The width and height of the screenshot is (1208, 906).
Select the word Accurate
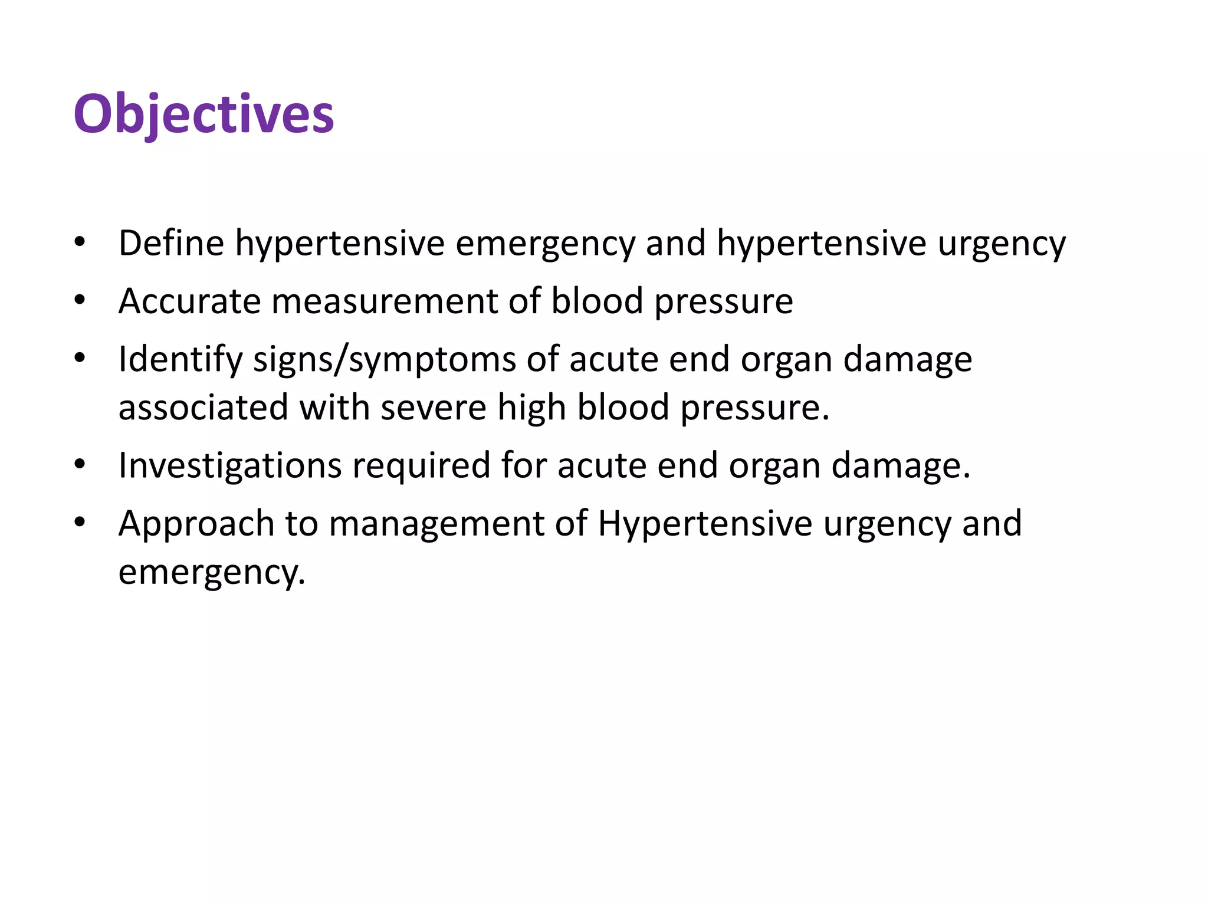pos(189,301)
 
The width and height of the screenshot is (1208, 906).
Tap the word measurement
pos(384,301)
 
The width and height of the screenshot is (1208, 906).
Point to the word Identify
pos(180,359)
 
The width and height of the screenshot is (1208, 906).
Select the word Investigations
pos(230,465)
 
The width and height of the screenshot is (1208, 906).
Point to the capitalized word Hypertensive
pos(705,524)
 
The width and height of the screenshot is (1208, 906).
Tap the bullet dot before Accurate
pos(80,300)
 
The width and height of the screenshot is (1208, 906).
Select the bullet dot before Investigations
pos(80,465)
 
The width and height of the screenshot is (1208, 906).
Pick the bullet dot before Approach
pos(80,523)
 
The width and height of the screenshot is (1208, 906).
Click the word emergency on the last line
pos(212,572)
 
